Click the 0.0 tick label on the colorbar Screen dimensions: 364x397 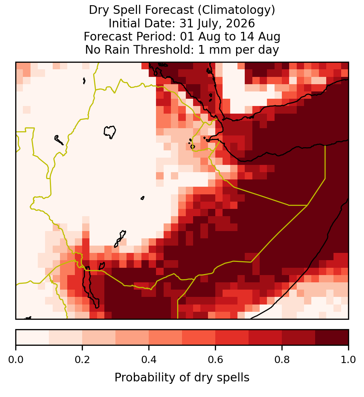coord(16,360)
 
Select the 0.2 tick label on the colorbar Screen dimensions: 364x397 coord(82,360)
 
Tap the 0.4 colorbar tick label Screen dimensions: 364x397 coord(149,360)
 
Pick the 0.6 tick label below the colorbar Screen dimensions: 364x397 coord(216,360)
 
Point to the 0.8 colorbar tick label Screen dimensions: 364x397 coord(282,360)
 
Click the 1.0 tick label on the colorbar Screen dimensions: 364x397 coord(348,360)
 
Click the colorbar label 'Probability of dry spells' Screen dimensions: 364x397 coord(182,378)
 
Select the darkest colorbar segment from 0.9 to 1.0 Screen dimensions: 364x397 coord(332,337)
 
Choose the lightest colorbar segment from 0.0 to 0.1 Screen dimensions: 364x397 coord(33,337)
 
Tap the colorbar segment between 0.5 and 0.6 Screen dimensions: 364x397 coord(199,337)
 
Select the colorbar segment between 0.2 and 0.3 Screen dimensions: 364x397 coord(99,337)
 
